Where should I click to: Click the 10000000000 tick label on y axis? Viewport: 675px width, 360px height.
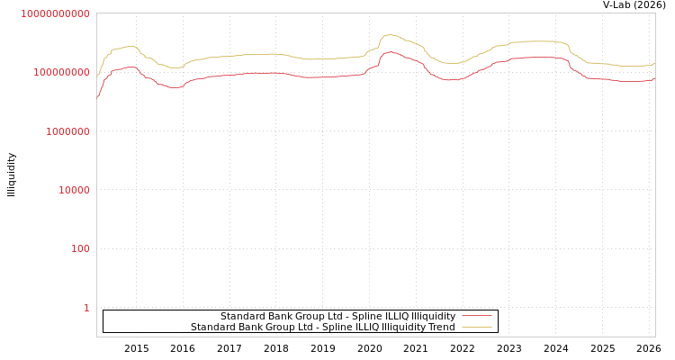tap(55, 13)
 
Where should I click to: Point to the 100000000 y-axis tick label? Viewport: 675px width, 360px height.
tap(59, 72)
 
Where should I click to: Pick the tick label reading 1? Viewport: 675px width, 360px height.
tap(86, 308)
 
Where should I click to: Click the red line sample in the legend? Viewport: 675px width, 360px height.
tap(476, 316)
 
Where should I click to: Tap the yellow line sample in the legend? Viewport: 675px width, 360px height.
tap(476, 327)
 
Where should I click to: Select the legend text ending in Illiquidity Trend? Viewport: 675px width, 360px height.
tap(322, 327)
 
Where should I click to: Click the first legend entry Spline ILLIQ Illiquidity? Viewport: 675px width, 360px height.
tap(337, 316)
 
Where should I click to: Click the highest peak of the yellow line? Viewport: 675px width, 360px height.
tap(389, 35)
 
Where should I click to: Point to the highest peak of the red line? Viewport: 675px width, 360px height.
tap(390, 51)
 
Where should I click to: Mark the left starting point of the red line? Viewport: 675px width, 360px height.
tap(97, 95)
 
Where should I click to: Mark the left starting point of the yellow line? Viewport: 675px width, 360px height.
tap(97, 76)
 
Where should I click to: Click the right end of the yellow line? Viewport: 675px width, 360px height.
tap(654, 63)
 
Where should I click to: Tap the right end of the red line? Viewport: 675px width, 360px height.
tap(654, 78)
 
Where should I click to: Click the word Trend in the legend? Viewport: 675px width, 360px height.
tap(441, 327)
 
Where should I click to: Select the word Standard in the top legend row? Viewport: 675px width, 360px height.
tap(242, 316)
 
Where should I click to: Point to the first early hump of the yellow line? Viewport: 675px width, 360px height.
tap(130, 46)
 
